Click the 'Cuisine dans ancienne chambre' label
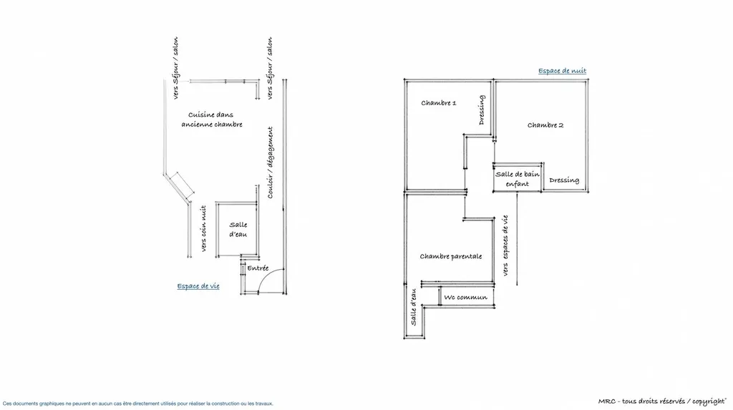(x=211, y=119)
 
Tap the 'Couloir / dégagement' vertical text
(x=271, y=162)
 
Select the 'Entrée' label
(x=258, y=268)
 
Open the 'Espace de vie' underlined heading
(x=198, y=286)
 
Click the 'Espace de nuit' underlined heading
(x=562, y=71)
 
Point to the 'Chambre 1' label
(x=438, y=103)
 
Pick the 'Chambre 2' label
(x=545, y=125)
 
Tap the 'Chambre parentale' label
(x=451, y=256)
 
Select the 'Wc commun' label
(x=465, y=298)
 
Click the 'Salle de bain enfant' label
(x=518, y=179)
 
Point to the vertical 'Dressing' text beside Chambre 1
(x=482, y=110)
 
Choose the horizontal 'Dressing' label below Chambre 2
(x=564, y=180)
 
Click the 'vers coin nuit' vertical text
(x=204, y=228)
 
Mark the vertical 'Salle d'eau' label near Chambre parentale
(x=413, y=308)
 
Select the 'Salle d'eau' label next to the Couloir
(x=238, y=230)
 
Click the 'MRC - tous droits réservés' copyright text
(x=662, y=401)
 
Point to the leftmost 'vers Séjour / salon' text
(x=176, y=68)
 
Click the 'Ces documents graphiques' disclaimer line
(x=138, y=404)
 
